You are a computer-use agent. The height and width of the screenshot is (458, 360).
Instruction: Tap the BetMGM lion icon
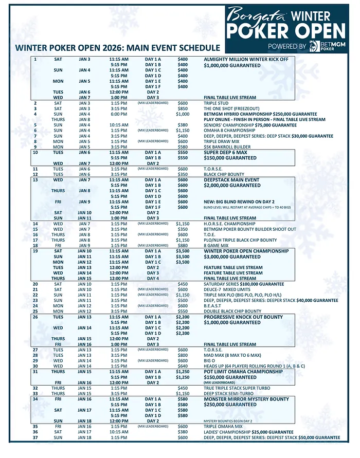[x=314, y=47]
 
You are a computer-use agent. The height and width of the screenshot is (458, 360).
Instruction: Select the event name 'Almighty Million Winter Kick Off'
[x=246, y=59]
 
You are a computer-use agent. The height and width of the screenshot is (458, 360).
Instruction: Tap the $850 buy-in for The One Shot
[x=183, y=108]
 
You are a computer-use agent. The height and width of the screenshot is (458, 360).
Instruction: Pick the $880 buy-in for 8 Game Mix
[x=183, y=245]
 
